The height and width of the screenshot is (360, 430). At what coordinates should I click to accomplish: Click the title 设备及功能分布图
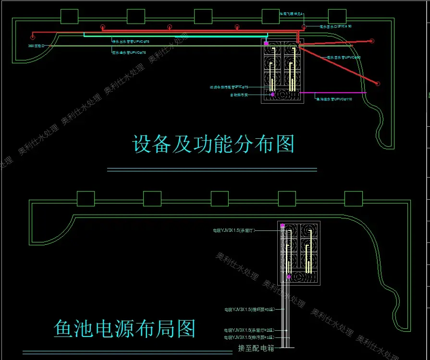tap(213, 144)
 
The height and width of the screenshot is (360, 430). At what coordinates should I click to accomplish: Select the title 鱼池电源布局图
tap(124, 329)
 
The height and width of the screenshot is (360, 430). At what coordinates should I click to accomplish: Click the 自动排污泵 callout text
tap(239, 95)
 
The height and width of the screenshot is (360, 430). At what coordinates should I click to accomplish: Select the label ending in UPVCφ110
tap(333, 99)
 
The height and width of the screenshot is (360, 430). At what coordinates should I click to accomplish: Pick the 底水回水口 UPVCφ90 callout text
tap(335, 26)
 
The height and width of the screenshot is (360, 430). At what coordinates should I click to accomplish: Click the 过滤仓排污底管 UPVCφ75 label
tap(229, 87)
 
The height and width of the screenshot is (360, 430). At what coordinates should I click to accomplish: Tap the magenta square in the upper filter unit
tap(266, 44)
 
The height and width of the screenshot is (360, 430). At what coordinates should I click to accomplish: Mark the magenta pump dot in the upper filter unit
tap(272, 95)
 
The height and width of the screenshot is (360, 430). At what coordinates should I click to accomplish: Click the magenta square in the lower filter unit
tap(283, 226)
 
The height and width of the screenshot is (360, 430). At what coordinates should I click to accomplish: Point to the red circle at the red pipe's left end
tap(33, 36)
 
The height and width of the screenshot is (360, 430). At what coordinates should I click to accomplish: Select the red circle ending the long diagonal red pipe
tap(378, 84)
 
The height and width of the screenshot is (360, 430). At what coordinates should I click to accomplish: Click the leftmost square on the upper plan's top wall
tap(69, 16)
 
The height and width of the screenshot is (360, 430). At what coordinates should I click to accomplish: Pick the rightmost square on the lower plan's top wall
tap(354, 198)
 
